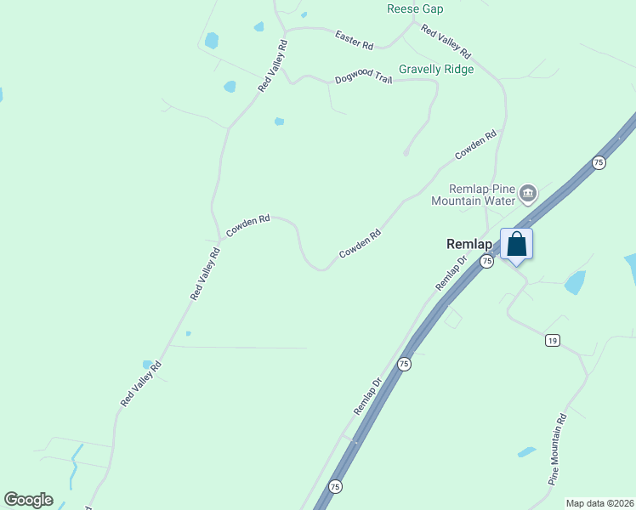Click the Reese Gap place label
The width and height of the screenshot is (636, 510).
point(414,8)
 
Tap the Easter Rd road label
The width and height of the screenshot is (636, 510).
point(355,39)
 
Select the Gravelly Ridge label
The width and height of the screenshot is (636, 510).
point(436,70)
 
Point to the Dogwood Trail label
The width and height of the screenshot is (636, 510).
point(363,78)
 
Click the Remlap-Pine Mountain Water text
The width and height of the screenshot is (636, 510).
point(474,195)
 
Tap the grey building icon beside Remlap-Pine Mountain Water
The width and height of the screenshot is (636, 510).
point(528,194)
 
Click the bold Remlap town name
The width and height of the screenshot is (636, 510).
point(469,243)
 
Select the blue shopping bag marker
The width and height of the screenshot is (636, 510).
point(516,245)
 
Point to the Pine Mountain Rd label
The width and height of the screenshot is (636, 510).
point(557,450)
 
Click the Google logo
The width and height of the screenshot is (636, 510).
point(28,500)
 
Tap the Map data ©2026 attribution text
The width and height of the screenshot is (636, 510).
point(599,503)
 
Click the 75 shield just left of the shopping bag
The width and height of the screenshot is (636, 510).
point(486,262)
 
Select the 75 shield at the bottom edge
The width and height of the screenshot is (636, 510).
point(335,487)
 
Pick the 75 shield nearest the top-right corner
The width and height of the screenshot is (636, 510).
point(599,162)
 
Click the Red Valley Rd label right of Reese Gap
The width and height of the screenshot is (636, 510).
point(446,42)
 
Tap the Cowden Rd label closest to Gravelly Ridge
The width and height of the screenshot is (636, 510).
point(475,144)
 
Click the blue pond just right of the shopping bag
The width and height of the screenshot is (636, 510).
point(576,282)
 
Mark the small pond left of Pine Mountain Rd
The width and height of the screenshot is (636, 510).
point(527,451)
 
